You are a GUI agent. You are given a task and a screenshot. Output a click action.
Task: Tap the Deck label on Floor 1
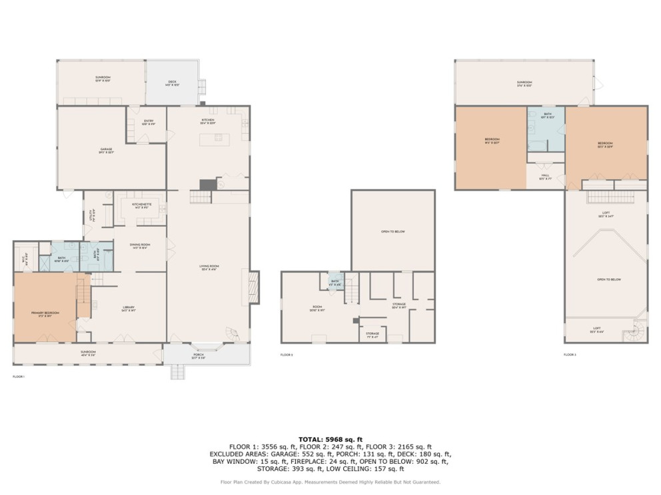click(x=172, y=83)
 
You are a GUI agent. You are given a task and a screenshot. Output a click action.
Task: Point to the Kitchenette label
click(x=141, y=206)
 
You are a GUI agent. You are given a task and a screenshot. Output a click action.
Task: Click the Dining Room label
click(x=140, y=246)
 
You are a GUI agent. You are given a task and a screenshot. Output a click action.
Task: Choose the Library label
click(x=129, y=309)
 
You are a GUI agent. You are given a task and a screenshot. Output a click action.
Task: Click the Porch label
click(x=199, y=355)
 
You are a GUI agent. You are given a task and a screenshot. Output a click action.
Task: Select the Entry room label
click(x=148, y=122)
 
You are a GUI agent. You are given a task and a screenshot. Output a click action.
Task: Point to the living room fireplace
click(x=253, y=287)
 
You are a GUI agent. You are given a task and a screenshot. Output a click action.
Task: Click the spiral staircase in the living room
click(x=231, y=333)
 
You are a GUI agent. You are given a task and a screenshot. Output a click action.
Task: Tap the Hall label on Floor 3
click(x=545, y=178)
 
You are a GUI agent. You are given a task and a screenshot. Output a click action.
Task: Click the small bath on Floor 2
click(x=335, y=281)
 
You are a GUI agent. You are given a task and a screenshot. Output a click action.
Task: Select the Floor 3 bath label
click(x=548, y=116)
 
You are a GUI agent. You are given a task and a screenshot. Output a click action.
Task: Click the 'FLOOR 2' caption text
click(x=287, y=355)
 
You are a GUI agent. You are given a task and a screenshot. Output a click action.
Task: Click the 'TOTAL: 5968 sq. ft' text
click(x=330, y=439)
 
